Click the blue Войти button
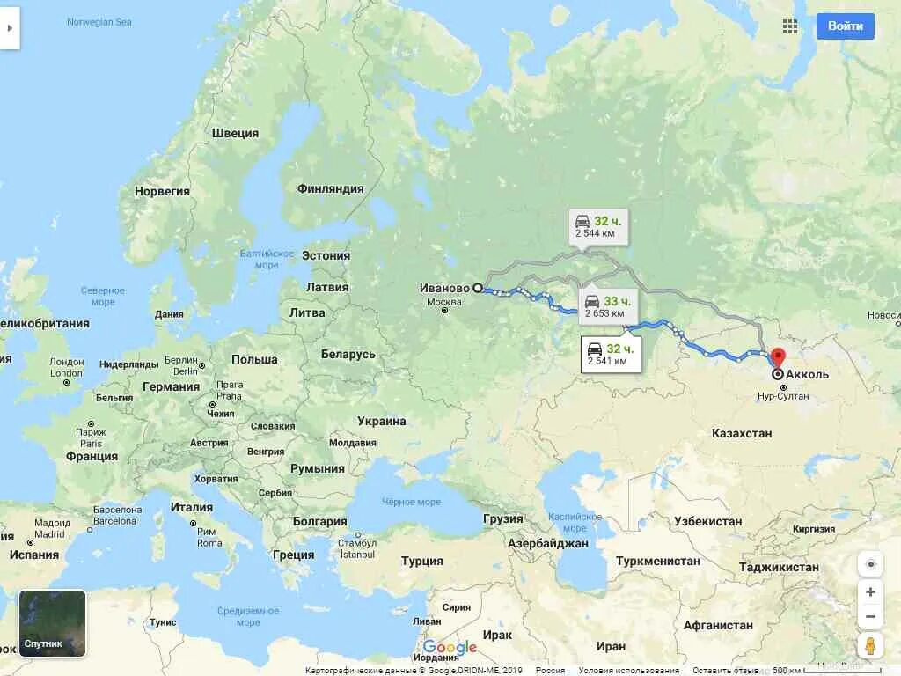[845, 26]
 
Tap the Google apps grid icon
[790, 26]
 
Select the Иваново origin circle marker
[478, 288]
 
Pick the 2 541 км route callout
[611, 354]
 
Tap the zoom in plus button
[870, 592]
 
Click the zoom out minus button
[870, 616]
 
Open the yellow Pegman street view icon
[870, 645]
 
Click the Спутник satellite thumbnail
[53, 624]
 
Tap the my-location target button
[870, 564]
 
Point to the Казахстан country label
[742, 433]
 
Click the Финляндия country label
[330, 188]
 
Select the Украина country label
[382, 421]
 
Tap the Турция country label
[421, 561]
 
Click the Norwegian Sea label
[99, 22]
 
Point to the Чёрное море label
[411, 502]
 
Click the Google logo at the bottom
[450, 648]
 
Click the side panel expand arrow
[10, 27]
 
